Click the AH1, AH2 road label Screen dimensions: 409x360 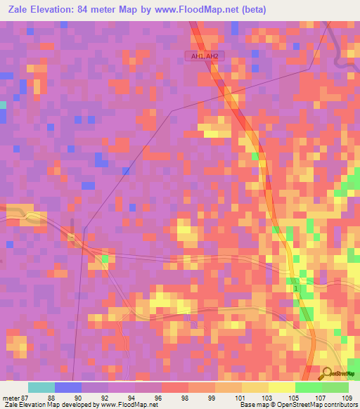point(202,56)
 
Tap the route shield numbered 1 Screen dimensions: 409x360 point(297,289)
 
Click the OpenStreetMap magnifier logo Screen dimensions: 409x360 point(326,374)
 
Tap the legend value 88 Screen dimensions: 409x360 point(51,396)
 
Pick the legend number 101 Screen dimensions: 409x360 point(238,396)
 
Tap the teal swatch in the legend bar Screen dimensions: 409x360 point(41,387)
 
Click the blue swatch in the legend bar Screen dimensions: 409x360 point(67,387)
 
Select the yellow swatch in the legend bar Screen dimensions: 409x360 point(281,387)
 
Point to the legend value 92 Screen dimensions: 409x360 point(104,396)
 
